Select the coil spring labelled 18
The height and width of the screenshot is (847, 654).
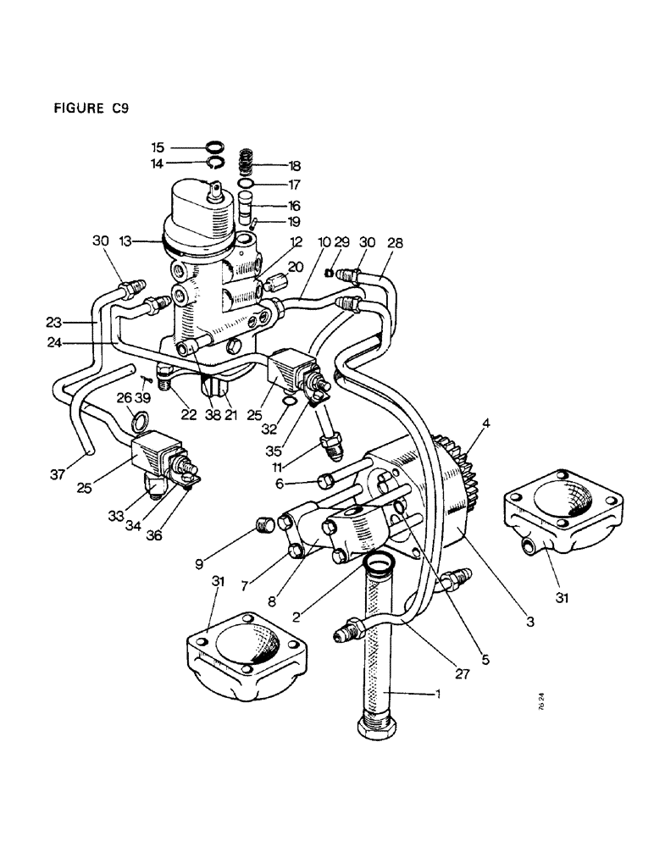pyautogui.click(x=246, y=160)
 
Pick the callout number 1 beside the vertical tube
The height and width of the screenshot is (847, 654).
pyautogui.click(x=438, y=694)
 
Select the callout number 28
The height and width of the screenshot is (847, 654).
pyautogui.click(x=394, y=244)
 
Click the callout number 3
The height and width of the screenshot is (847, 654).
pyautogui.click(x=529, y=622)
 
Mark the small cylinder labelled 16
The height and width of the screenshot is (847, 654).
pyautogui.click(x=247, y=204)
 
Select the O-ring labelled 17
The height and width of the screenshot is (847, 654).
pyautogui.click(x=246, y=183)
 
